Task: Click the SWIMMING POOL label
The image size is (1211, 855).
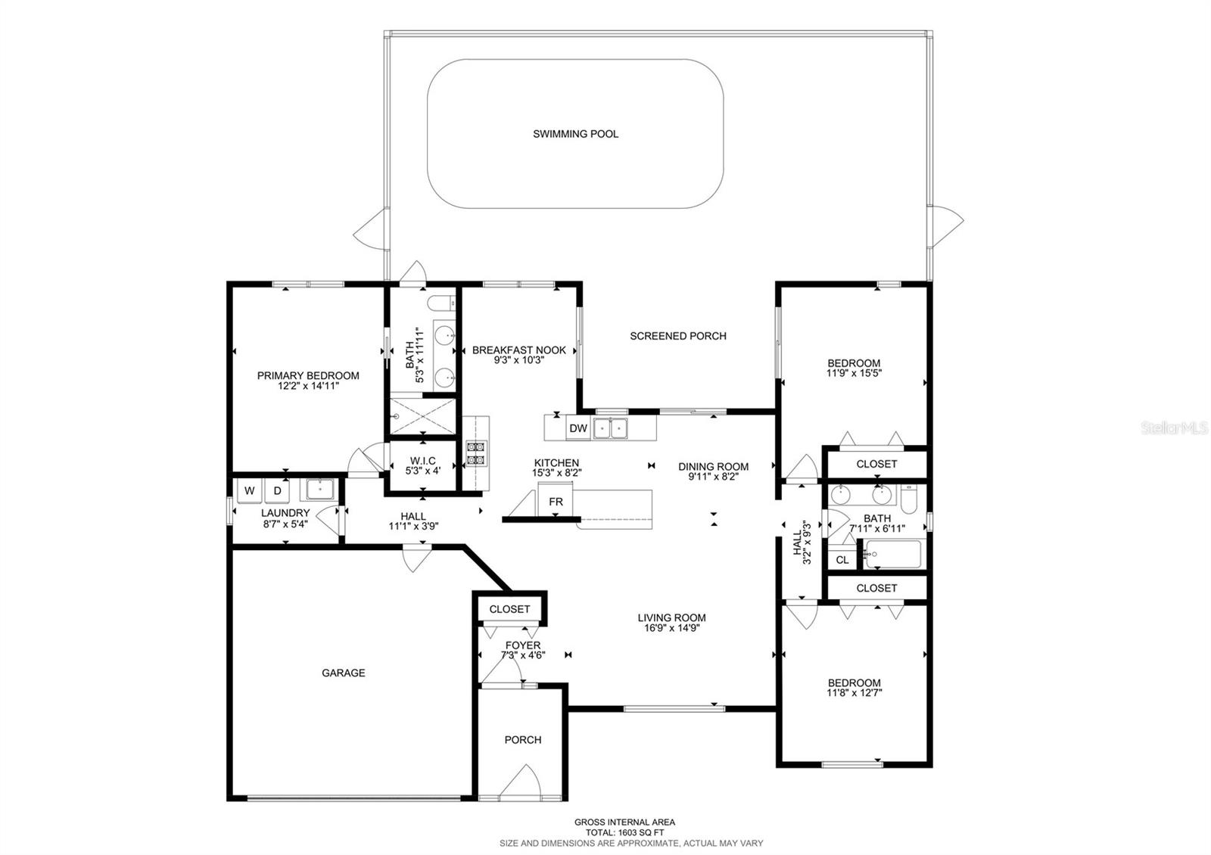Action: [575, 134]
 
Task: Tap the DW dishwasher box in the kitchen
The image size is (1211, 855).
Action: [578, 428]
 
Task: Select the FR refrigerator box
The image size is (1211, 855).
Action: [556, 502]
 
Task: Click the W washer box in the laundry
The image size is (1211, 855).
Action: [249, 491]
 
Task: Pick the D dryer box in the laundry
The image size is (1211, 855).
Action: [277, 491]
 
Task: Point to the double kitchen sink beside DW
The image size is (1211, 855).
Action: [611, 428]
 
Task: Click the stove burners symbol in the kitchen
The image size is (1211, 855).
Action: [475, 453]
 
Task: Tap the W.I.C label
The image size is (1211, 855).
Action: [422, 461]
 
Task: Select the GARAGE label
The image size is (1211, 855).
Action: [344, 673]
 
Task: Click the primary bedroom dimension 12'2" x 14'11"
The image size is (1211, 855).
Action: [308, 386]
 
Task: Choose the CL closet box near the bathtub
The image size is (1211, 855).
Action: [842, 560]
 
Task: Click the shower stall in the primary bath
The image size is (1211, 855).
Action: [423, 415]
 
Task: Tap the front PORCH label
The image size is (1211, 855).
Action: [523, 740]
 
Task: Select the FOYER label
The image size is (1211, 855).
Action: [523, 645]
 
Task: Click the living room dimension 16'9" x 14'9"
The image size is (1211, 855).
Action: [671, 627]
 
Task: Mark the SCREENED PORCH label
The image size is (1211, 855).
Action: [678, 336]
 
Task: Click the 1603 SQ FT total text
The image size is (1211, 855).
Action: [624, 832]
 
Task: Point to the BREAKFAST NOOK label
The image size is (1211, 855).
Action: [519, 350]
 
